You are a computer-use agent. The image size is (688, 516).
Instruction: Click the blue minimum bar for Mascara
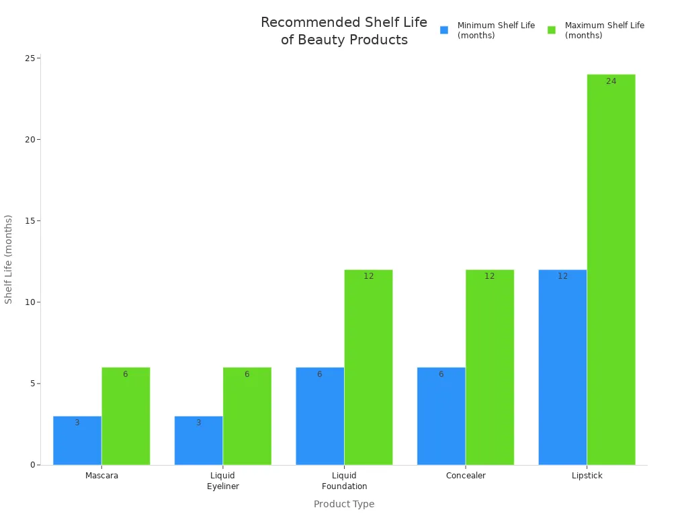point(77,440)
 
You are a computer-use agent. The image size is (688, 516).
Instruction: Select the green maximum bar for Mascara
point(126,416)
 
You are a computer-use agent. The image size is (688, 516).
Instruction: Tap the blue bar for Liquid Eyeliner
point(198,440)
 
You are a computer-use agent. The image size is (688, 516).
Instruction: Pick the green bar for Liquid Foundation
point(368,367)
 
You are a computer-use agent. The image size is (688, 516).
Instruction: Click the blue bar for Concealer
point(441,416)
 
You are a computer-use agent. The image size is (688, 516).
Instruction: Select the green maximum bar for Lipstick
point(611,269)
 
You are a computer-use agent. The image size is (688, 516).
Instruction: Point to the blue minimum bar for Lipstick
point(562,367)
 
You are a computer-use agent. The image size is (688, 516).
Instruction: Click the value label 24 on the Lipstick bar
point(611,81)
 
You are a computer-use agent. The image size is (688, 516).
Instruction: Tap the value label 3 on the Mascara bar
point(77,423)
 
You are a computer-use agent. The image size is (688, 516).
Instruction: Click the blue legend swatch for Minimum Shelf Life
point(444,30)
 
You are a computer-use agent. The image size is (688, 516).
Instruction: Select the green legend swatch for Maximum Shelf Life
point(552,30)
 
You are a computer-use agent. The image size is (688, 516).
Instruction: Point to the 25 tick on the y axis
point(30,58)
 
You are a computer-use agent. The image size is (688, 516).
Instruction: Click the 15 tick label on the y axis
point(30,221)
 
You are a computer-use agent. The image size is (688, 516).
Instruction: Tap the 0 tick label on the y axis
point(32,465)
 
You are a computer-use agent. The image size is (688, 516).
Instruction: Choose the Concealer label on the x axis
point(466,476)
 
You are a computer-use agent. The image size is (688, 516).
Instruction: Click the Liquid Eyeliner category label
point(222,480)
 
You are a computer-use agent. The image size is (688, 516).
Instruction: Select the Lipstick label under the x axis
point(587,476)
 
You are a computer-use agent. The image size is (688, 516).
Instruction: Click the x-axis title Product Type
point(344,504)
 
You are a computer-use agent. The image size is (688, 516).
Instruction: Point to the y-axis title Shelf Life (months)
point(9,259)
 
